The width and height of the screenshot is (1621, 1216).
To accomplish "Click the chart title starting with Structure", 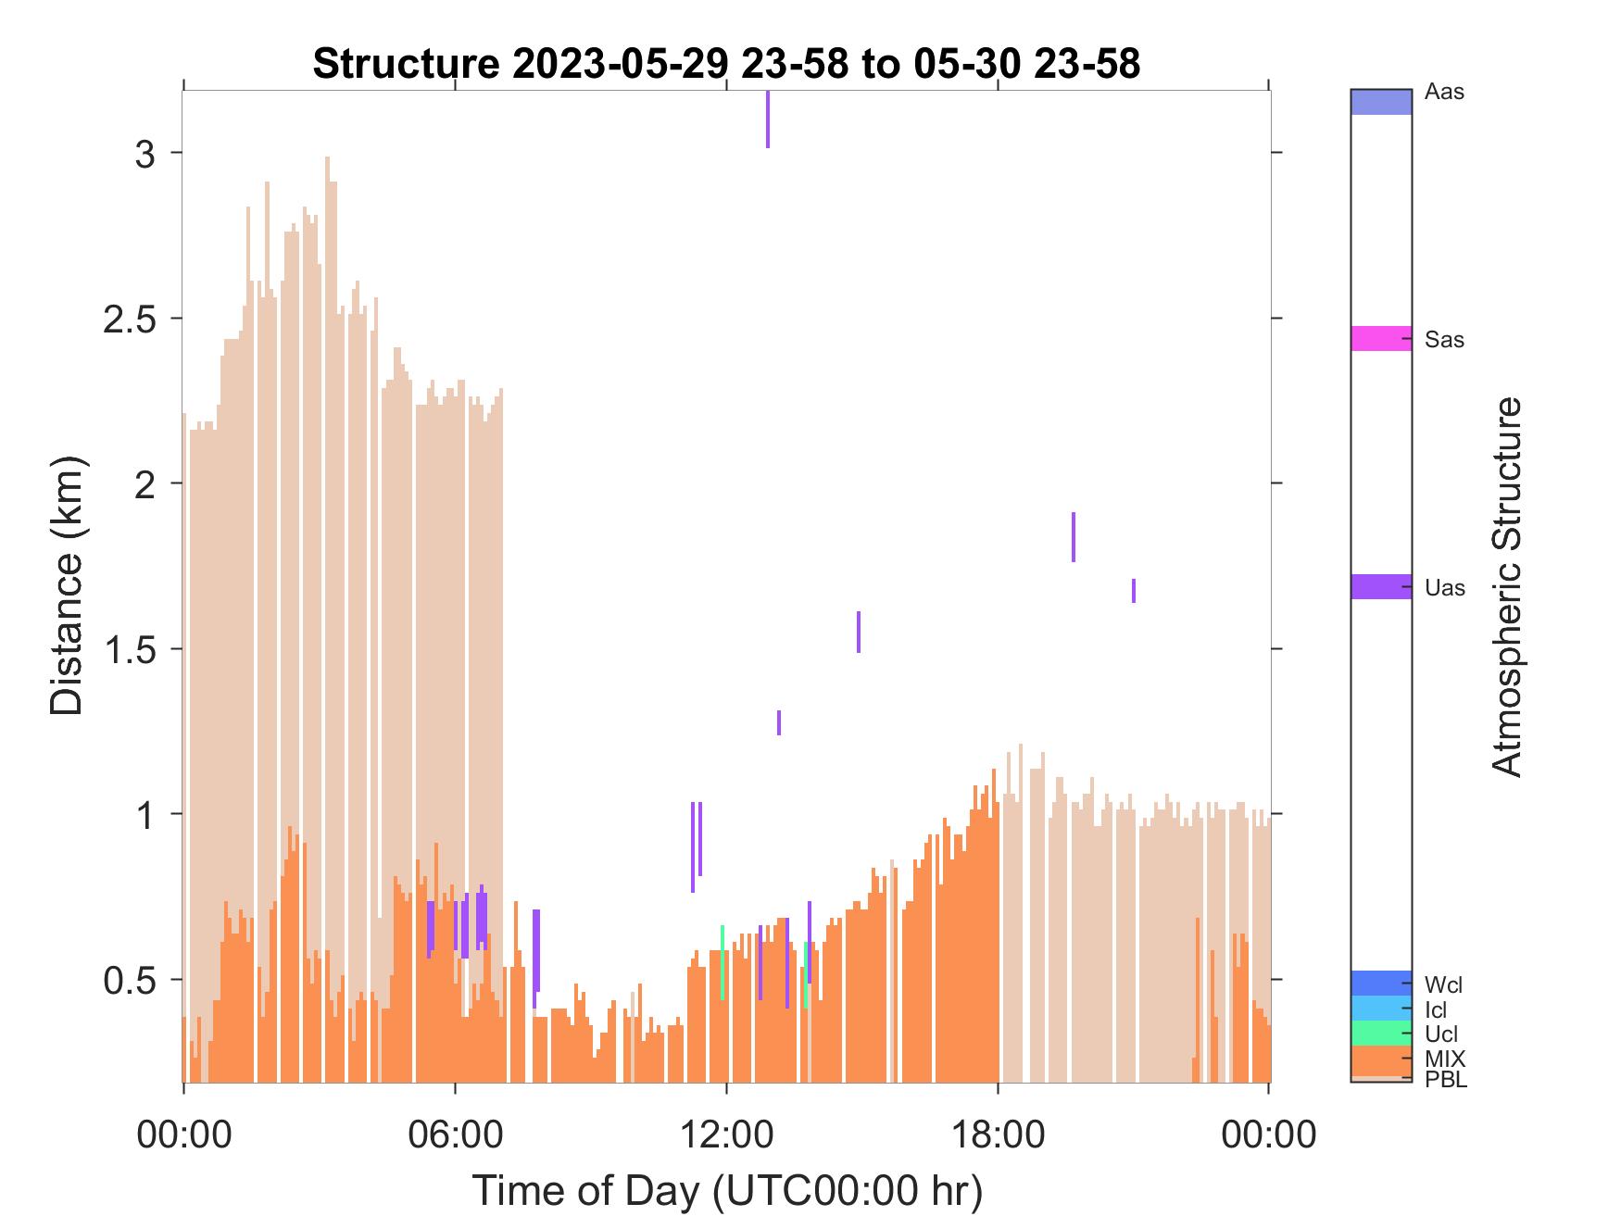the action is [x=727, y=64].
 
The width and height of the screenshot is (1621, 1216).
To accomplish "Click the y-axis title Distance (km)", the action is [x=66, y=586].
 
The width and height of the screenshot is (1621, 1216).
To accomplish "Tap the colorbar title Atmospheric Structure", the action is [x=1507, y=586].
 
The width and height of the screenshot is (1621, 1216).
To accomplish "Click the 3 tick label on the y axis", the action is [x=145, y=154].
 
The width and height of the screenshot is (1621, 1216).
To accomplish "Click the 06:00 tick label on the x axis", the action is [x=455, y=1134].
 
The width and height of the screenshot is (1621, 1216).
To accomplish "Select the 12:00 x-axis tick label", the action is [x=726, y=1134].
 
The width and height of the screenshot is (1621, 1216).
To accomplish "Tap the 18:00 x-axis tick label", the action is [x=998, y=1134].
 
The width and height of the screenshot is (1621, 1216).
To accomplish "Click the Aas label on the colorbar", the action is [x=1444, y=93].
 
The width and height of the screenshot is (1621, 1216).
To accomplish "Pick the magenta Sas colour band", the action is [x=1381, y=338].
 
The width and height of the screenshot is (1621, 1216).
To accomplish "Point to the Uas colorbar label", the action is [x=1445, y=588].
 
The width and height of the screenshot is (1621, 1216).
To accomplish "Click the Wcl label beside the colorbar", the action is [x=1444, y=984].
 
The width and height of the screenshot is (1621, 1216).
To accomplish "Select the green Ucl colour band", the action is [x=1381, y=1033].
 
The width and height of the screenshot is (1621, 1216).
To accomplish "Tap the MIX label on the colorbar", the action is [x=1445, y=1059].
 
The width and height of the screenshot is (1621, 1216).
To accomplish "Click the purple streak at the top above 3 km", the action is [x=768, y=119].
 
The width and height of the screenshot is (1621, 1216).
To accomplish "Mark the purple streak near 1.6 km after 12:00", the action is [x=859, y=632].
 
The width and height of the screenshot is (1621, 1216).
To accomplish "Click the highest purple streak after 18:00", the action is [x=1074, y=537].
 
